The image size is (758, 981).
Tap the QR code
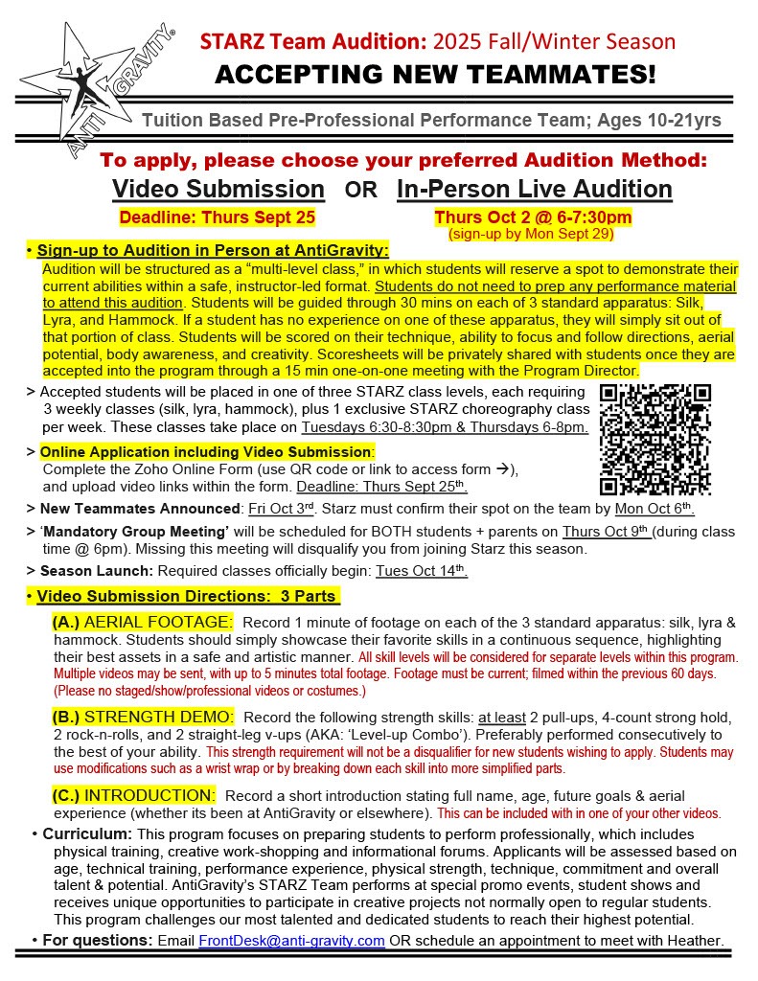click(655, 439)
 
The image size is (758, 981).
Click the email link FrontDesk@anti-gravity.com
click(291, 940)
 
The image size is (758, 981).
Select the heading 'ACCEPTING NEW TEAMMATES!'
click(436, 74)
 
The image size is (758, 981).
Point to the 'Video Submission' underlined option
click(218, 189)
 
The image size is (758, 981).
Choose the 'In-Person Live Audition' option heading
click(534, 189)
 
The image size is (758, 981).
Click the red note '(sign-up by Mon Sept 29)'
click(530, 233)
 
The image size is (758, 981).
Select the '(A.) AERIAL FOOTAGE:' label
click(142, 623)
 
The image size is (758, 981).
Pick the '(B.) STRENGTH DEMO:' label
click(143, 717)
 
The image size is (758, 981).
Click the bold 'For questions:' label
click(98, 940)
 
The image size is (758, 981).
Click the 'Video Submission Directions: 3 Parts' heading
click(188, 597)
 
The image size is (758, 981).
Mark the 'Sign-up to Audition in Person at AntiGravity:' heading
click(213, 251)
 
